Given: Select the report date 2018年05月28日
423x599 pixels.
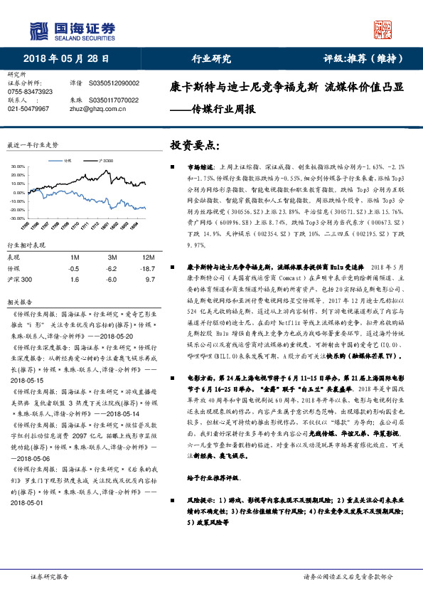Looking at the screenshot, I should [x=70, y=60].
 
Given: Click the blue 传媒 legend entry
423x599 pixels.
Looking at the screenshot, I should [x=68, y=161].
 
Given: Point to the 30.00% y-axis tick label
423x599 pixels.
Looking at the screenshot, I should [x=17, y=169].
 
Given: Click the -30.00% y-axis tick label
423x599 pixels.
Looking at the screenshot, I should [x=16, y=217].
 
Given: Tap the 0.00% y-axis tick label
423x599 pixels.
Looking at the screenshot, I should [x=18, y=193].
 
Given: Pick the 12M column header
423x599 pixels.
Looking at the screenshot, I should [x=149, y=256].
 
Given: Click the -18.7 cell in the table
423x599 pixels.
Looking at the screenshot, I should [x=148, y=269].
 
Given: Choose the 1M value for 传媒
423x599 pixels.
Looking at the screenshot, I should [x=74, y=269].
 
